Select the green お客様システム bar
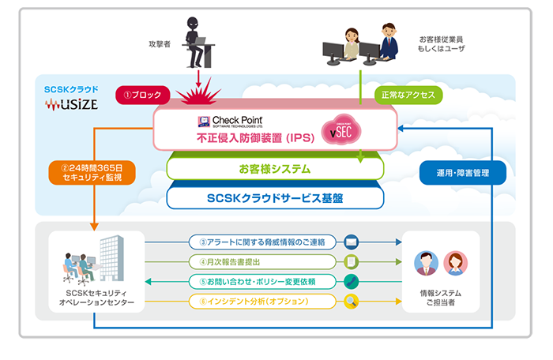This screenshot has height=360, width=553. (x=275, y=168)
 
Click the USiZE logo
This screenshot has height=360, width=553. (x=71, y=103)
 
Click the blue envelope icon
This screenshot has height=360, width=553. (x=352, y=241)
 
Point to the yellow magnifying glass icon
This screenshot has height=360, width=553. (x=352, y=301)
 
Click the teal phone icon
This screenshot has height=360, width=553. (x=352, y=281)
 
